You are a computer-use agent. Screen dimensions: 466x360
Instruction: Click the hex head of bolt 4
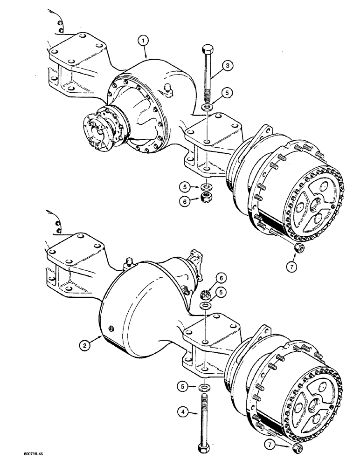(x=205, y=448)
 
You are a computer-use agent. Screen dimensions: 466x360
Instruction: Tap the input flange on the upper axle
(x=96, y=133)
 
